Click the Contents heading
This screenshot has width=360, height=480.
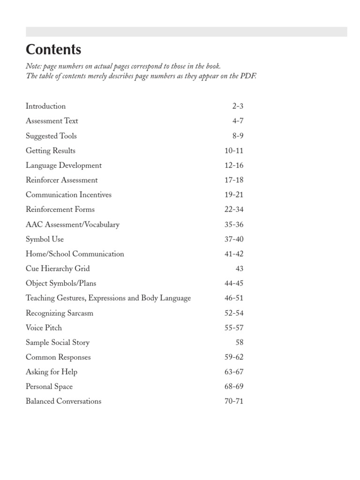pyautogui.click(x=53, y=50)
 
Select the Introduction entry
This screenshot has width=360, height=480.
pyautogui.click(x=45, y=106)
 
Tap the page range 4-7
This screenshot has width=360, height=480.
pyautogui.click(x=238, y=121)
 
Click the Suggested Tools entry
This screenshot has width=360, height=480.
pyautogui.click(x=51, y=136)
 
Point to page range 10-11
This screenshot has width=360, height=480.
pyautogui.click(x=234, y=150)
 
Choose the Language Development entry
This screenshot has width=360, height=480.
pyautogui.click(x=63, y=165)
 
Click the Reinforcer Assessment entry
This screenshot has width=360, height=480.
pyautogui.click(x=61, y=180)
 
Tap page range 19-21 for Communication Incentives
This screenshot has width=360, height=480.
pyautogui.click(x=234, y=195)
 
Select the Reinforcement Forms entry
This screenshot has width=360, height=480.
pyautogui.click(x=60, y=210)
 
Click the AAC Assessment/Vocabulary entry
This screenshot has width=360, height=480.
pyautogui.click(x=72, y=225)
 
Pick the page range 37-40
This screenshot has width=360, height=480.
pyautogui.click(x=234, y=239)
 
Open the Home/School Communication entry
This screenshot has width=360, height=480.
pyautogui.click(x=75, y=254)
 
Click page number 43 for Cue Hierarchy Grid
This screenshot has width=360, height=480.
pyautogui.click(x=239, y=269)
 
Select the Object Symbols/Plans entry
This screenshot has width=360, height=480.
pyautogui.click(x=60, y=283)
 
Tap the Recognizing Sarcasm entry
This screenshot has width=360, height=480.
pyautogui.click(x=59, y=313)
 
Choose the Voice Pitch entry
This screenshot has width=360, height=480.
pyautogui.click(x=44, y=328)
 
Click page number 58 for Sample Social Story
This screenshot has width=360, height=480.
pyautogui.click(x=239, y=342)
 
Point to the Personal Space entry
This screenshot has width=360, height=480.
pyautogui.click(x=49, y=387)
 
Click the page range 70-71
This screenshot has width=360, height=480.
pyautogui.click(x=234, y=401)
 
